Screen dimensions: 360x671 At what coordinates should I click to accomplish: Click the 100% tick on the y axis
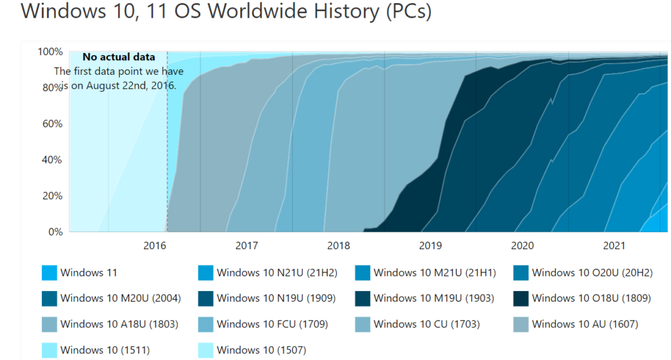[50, 52]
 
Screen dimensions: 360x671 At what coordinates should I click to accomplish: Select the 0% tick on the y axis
[55, 232]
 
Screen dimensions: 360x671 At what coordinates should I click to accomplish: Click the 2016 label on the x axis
[154, 247]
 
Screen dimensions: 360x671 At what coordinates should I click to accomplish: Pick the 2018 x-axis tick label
[338, 247]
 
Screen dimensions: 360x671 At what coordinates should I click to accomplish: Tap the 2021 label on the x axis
[614, 247]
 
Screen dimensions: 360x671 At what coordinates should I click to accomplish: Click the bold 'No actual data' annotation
[119, 58]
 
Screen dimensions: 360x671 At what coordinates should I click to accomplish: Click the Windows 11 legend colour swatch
[49, 273]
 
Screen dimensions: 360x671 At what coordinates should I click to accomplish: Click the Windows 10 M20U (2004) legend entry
[120, 298]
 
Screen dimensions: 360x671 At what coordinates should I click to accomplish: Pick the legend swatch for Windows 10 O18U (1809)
[521, 298]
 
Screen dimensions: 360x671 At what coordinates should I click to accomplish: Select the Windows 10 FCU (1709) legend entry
[272, 324]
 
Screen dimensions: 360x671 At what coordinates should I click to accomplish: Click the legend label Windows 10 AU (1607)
[585, 324]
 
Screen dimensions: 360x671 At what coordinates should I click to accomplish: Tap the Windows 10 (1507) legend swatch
[206, 350]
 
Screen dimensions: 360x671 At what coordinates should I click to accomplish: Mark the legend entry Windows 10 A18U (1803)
[119, 324]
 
